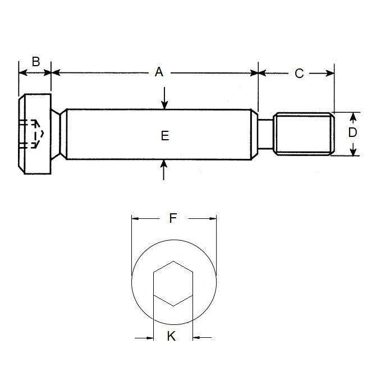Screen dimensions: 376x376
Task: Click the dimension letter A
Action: [159, 72]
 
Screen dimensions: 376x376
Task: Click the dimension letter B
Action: [35, 61]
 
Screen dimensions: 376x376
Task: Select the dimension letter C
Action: [299, 73]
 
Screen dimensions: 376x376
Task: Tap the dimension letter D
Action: [352, 133]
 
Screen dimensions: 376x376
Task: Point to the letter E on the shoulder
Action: [164, 135]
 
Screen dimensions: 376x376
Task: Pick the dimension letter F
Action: [173, 218]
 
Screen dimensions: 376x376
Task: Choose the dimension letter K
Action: [172, 336]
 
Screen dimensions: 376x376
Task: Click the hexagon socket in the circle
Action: [173, 283]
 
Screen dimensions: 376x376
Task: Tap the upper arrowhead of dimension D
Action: [353, 116]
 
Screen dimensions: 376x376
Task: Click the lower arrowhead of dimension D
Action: [353, 151]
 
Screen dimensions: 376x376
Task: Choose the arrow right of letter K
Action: [197, 338]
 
